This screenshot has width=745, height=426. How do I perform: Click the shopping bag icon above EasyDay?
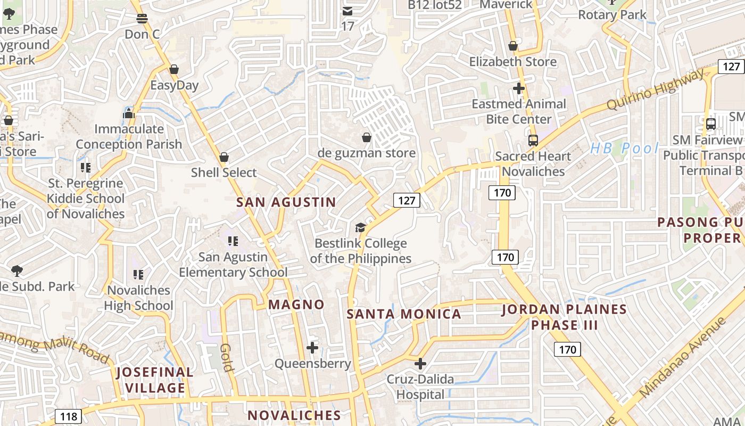point(174,70)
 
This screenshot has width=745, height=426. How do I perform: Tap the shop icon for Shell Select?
point(224,157)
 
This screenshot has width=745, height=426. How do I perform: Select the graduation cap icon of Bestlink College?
point(361,228)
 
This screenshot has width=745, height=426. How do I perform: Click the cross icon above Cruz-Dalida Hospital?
point(420,364)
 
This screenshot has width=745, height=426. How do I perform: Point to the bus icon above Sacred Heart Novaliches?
point(533,141)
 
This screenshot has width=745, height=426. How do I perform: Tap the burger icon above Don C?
point(142,19)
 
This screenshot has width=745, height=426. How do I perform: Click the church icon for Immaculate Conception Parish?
point(129,113)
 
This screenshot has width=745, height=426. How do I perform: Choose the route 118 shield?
point(69,416)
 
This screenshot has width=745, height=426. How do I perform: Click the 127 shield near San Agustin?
point(407,200)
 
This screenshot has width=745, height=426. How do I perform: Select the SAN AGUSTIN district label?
point(286,202)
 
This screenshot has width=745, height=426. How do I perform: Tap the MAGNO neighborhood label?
point(296,305)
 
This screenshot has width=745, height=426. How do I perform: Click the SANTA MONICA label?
point(404,314)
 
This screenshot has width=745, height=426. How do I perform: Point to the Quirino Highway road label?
point(655,89)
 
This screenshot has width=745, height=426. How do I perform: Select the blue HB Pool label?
point(624,149)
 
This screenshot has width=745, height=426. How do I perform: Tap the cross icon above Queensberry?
point(312,348)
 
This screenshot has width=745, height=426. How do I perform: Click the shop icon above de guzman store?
point(367,138)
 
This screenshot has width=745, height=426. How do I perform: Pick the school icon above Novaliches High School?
point(138,275)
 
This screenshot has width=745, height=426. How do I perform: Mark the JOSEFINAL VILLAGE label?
point(155,380)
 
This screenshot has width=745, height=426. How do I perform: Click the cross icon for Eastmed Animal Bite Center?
point(519,88)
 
